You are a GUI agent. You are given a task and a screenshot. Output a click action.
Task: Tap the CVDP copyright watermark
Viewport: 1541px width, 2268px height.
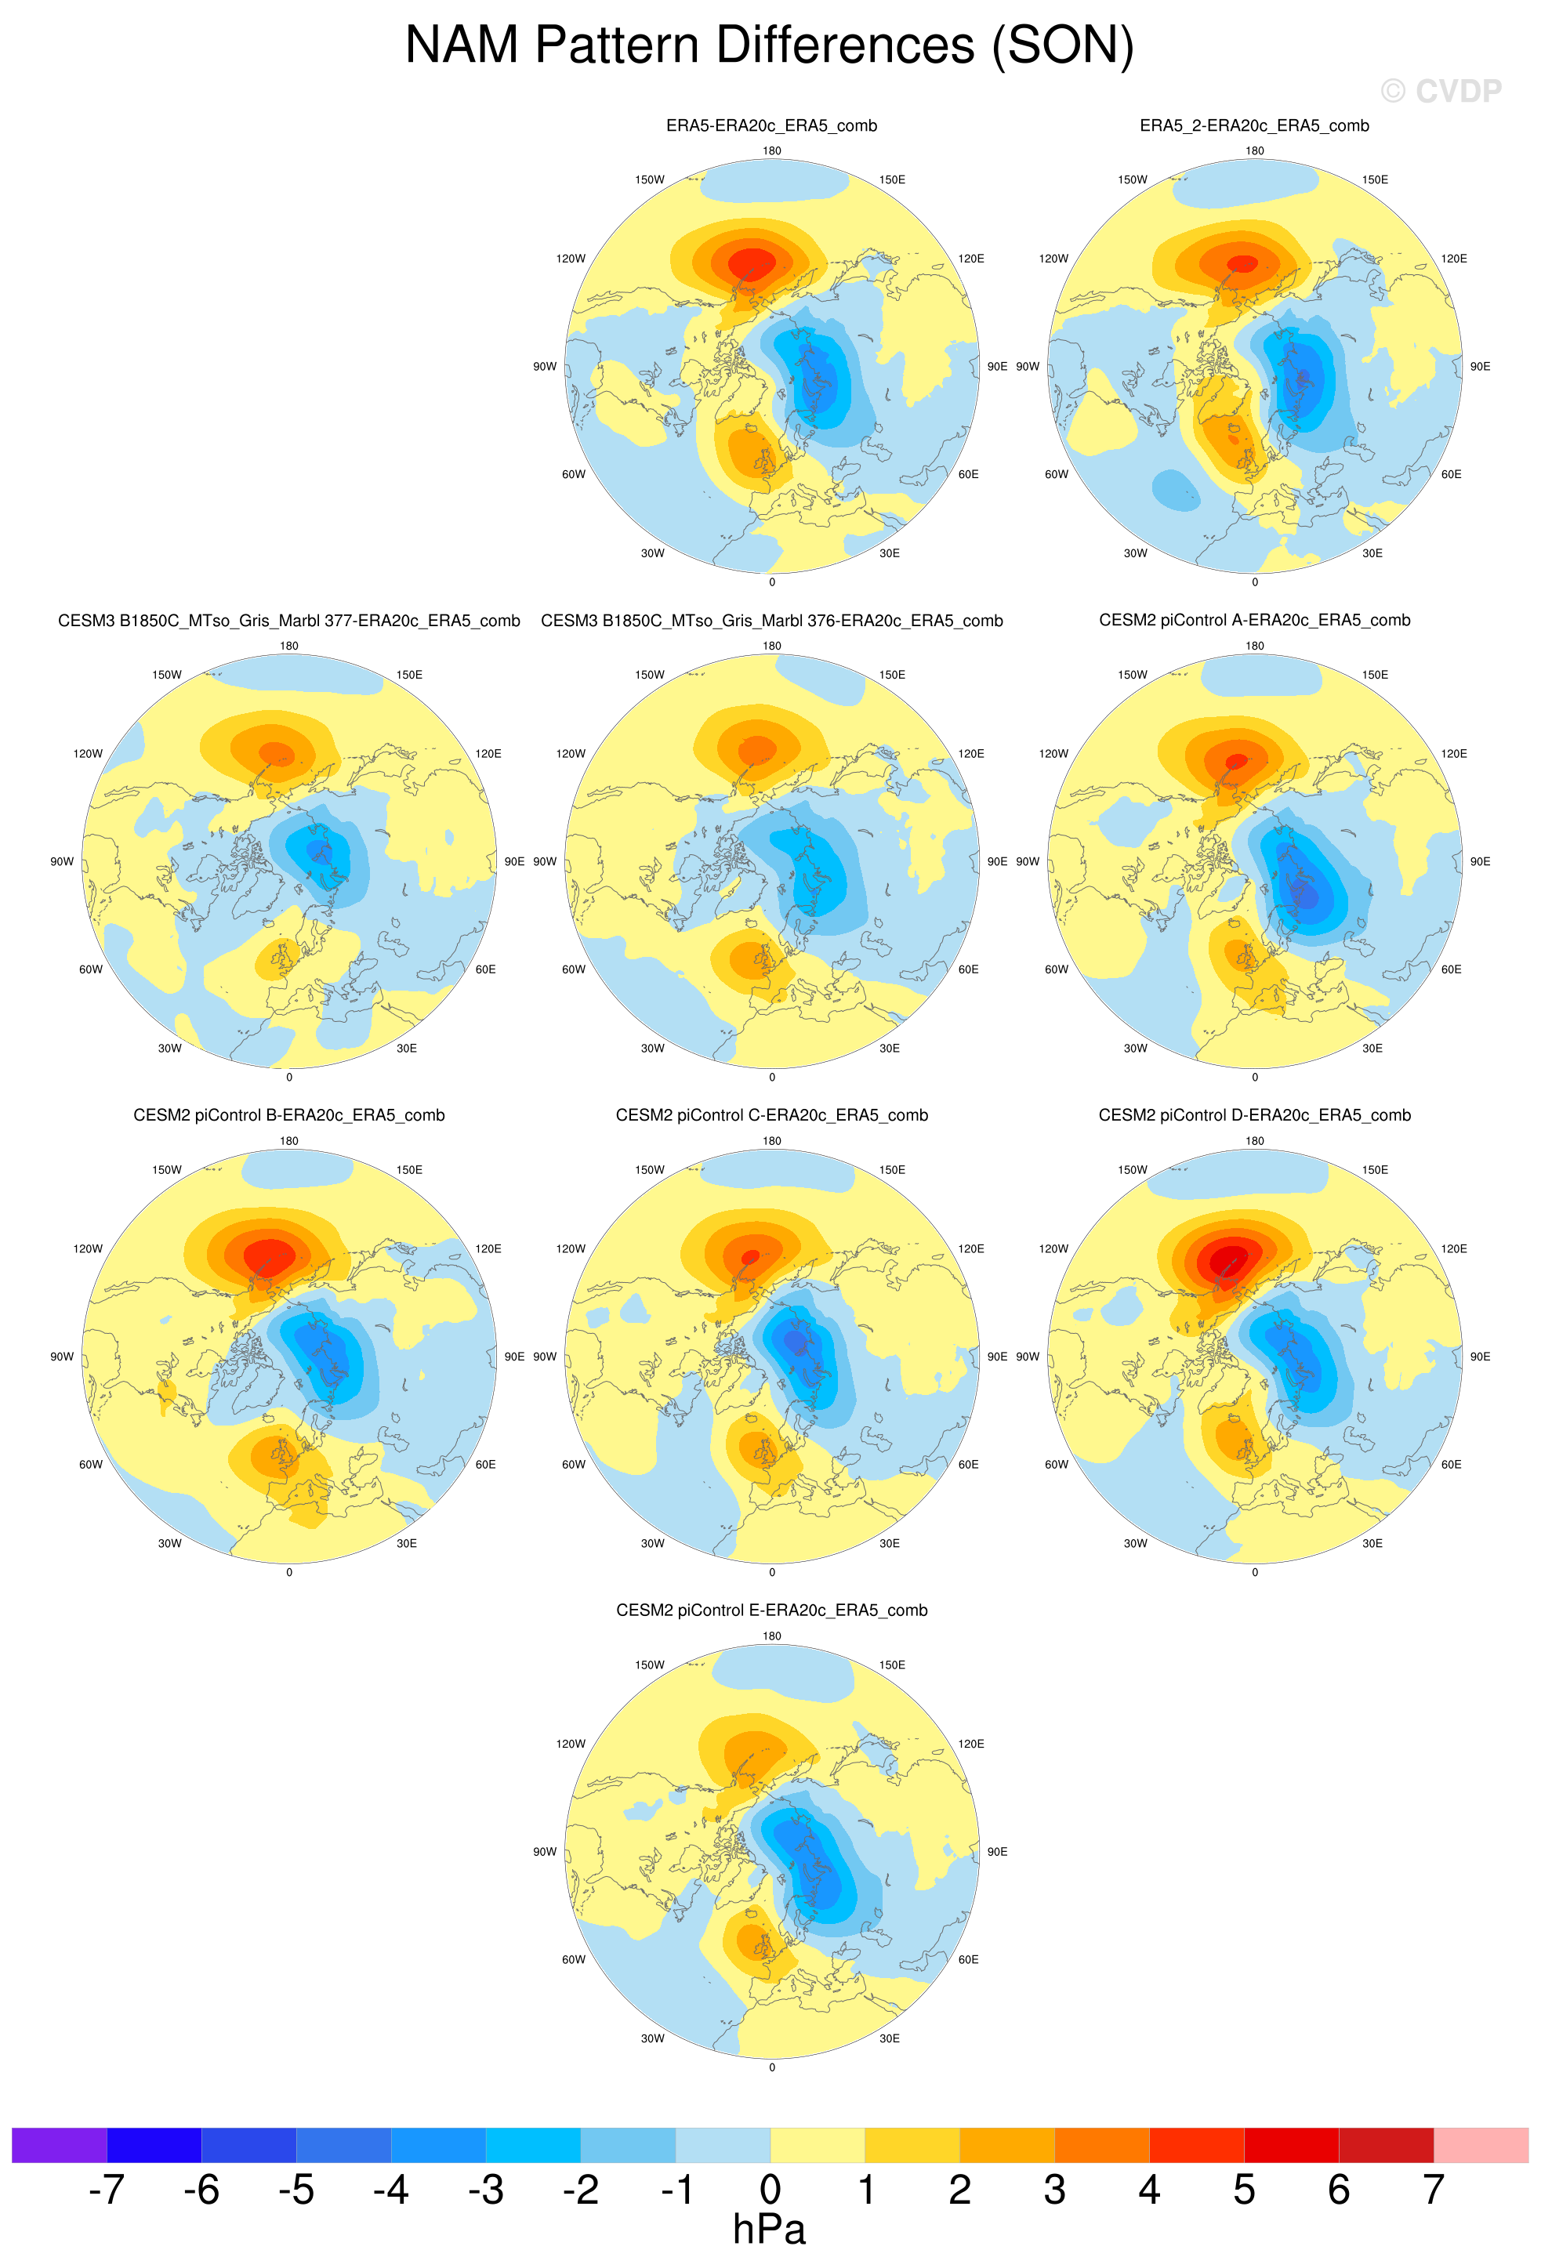point(1441,91)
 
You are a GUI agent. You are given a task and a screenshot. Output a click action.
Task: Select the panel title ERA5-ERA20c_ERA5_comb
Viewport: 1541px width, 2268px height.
point(771,125)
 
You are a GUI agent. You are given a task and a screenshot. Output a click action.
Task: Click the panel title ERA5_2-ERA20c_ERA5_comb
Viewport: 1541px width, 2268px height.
point(1254,125)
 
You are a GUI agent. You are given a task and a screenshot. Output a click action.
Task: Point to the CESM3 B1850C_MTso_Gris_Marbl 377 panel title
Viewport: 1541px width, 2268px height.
point(289,621)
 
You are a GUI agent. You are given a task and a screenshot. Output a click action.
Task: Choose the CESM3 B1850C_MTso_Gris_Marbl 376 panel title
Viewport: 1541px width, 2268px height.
point(771,621)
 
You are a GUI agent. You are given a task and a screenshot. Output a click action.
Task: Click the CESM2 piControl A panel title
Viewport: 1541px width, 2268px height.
point(1254,620)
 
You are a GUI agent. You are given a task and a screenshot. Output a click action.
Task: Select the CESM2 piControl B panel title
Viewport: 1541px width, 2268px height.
point(289,1114)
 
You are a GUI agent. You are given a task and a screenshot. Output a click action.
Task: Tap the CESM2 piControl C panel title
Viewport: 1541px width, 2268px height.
point(771,1114)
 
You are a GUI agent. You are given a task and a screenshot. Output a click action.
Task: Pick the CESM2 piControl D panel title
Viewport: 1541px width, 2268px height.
point(1254,1114)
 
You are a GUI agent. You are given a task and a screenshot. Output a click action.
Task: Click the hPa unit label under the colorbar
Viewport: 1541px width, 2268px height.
point(769,2229)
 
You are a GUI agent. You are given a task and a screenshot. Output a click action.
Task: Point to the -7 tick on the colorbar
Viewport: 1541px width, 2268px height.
point(107,2189)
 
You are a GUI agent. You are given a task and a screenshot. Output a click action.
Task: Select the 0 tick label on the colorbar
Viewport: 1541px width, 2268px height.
point(770,2189)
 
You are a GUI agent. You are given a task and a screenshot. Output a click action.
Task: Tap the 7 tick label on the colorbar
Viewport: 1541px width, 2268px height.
point(1433,2189)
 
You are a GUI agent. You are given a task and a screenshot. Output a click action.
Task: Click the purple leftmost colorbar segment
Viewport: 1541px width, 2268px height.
point(59,2145)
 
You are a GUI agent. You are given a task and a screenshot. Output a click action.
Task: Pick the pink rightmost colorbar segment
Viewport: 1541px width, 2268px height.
point(1481,2145)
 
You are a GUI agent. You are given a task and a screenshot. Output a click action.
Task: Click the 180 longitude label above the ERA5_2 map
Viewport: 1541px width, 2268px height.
point(1254,150)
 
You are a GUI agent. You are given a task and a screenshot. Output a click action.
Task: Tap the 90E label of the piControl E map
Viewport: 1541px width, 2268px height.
point(996,1851)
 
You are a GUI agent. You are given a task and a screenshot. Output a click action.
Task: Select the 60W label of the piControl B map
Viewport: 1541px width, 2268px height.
point(91,1464)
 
